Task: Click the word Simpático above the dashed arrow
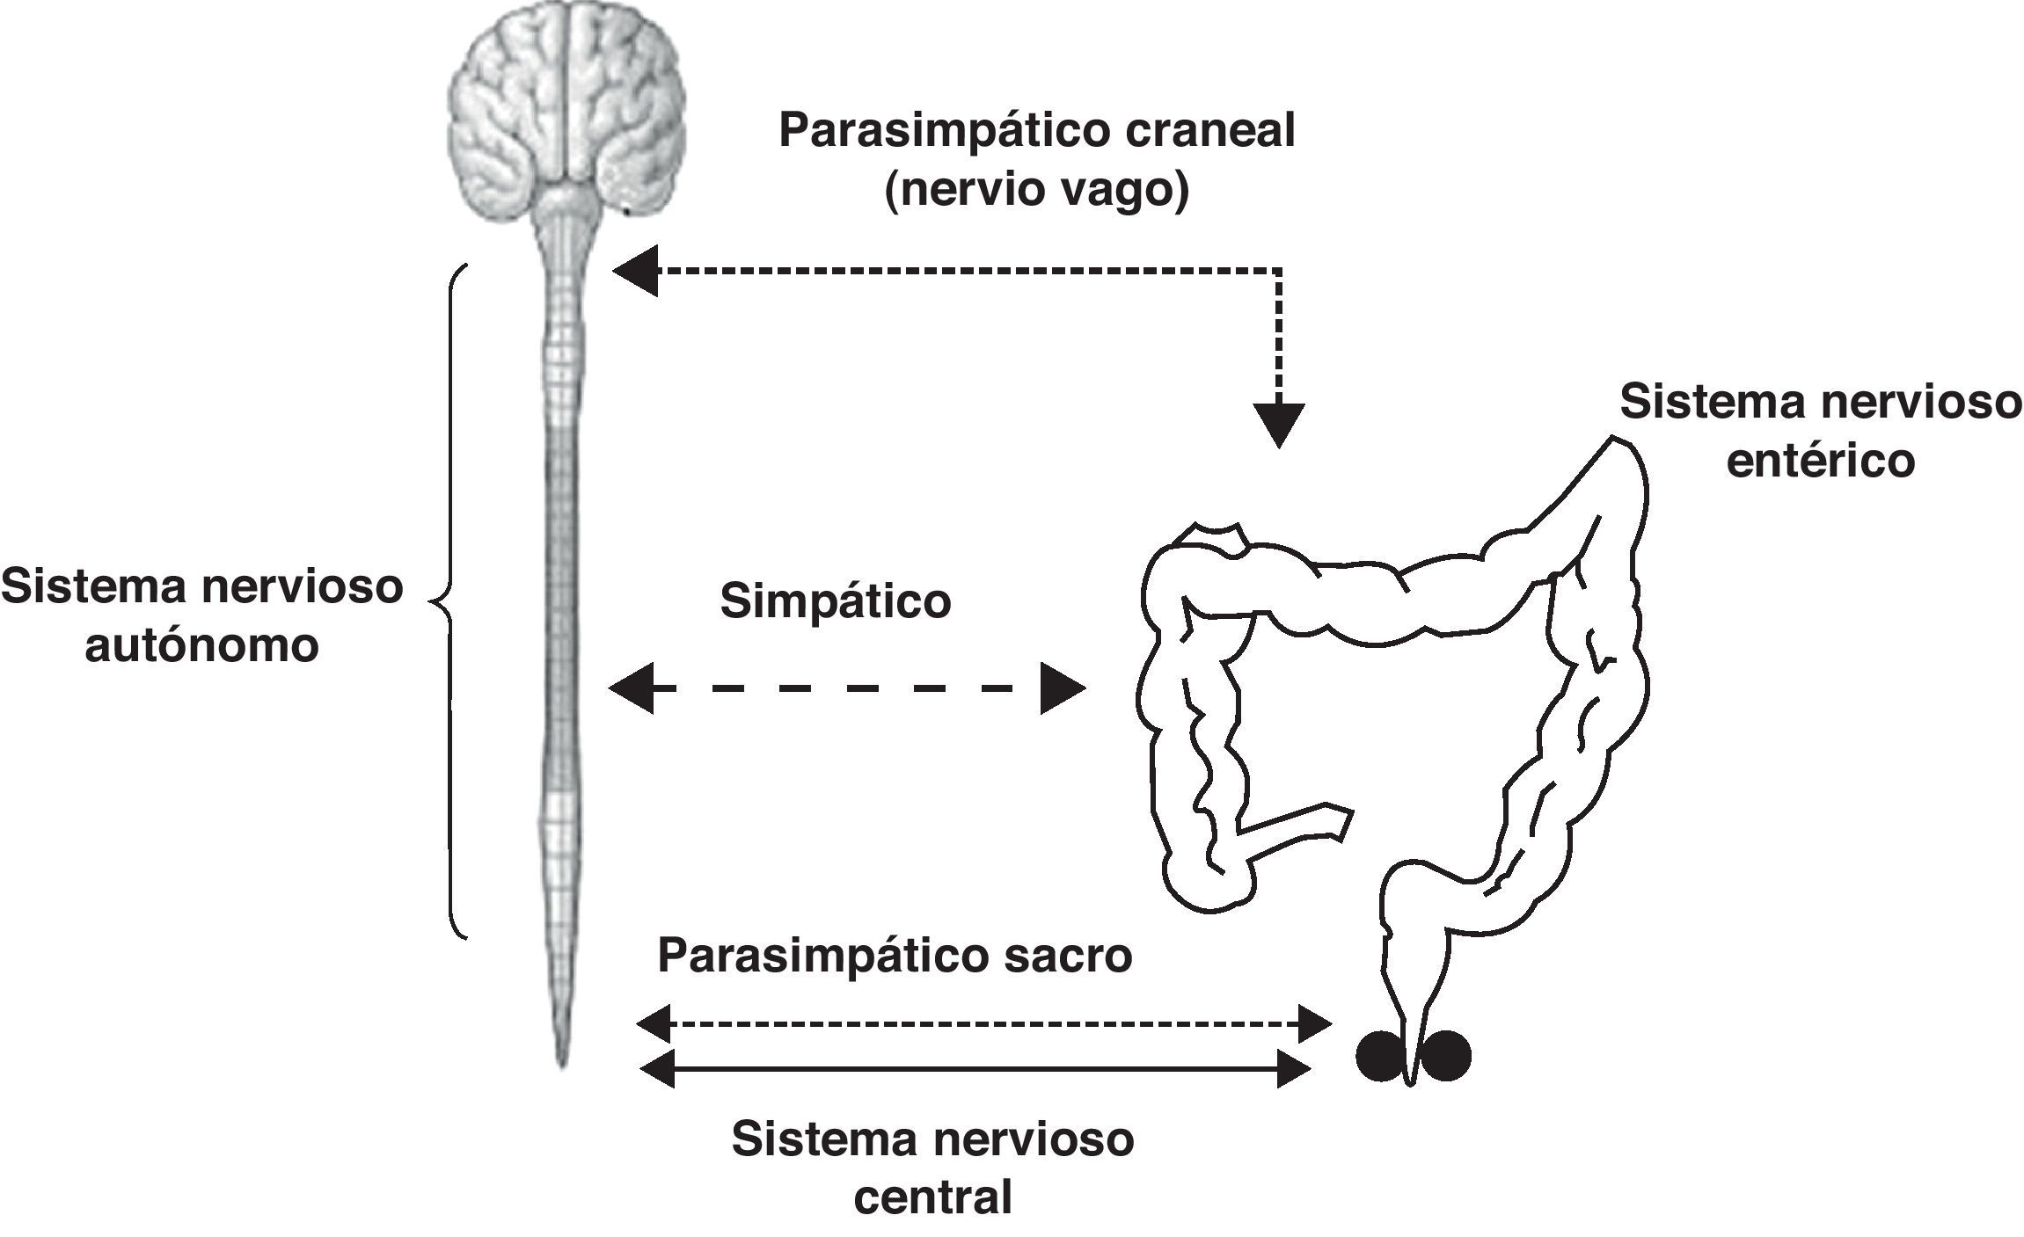point(835,602)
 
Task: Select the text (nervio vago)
point(1036,191)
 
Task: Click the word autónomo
point(201,647)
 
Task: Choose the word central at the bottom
point(933,1197)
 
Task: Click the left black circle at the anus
point(1379,1055)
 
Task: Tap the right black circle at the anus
point(1445,1055)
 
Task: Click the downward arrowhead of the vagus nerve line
point(1278,425)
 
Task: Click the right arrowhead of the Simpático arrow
point(1063,688)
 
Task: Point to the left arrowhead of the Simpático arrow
point(631,688)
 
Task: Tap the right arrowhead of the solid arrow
point(1293,1069)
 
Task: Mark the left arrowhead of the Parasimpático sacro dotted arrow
point(653,1023)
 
